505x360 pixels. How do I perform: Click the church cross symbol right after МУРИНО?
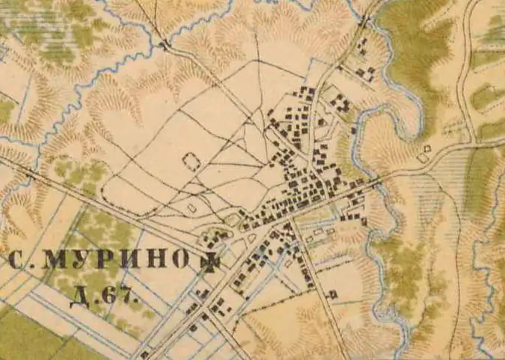213,261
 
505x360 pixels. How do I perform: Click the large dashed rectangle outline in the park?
191,161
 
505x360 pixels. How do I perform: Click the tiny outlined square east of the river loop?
425,157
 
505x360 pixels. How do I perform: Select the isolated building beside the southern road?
332,294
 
